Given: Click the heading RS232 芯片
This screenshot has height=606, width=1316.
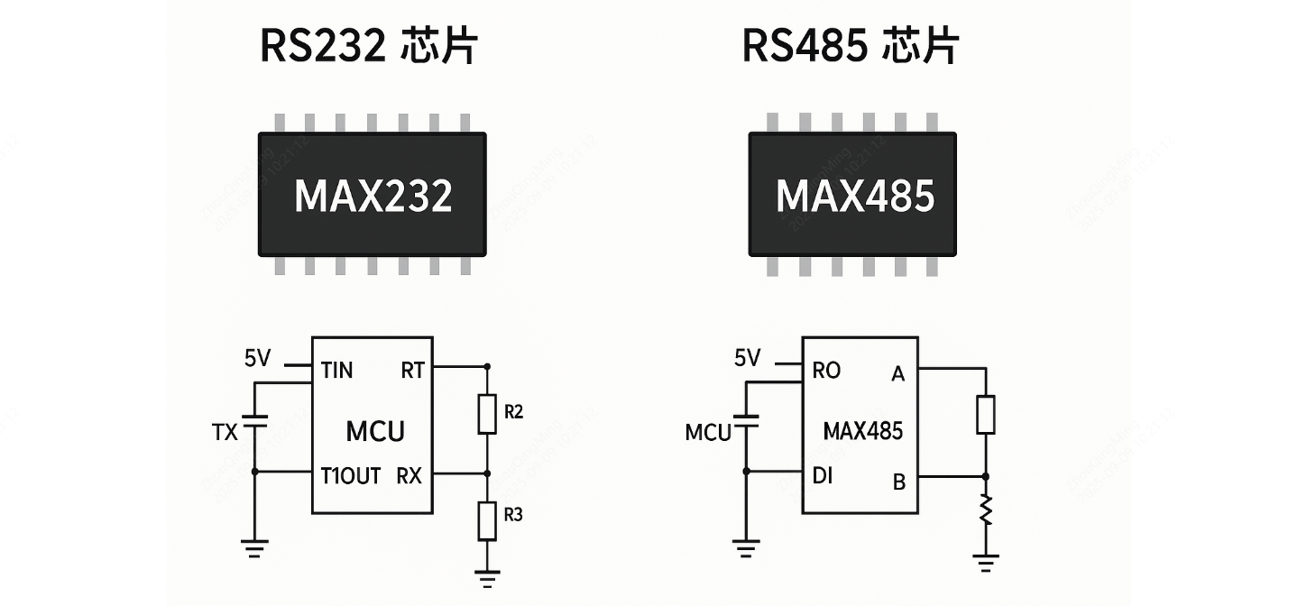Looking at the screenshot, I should [x=368, y=47].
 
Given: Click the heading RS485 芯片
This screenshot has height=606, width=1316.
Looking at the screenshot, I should [x=850, y=47].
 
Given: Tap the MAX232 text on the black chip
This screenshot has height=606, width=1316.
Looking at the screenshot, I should [x=373, y=196].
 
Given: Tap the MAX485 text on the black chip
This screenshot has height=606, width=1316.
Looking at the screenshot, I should [x=854, y=196].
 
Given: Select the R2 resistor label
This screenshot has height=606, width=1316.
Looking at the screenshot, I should [x=514, y=412].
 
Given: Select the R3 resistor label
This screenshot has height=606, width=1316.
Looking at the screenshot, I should [x=514, y=516].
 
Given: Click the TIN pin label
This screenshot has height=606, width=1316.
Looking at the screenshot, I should [x=336, y=371].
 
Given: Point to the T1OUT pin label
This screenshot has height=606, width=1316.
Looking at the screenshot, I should [x=351, y=475].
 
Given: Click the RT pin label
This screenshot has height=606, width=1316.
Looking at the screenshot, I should [x=411, y=371].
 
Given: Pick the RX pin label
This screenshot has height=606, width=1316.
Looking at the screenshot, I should [x=409, y=475].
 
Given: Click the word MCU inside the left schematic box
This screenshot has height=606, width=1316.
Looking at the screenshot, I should [x=374, y=431].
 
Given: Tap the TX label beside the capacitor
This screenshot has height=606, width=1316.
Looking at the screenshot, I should [x=225, y=433].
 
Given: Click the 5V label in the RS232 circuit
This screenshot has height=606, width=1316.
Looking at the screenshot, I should [x=257, y=359].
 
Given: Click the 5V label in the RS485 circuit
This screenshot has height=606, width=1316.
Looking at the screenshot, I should [x=747, y=359].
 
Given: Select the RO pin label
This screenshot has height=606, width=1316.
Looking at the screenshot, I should [x=826, y=371].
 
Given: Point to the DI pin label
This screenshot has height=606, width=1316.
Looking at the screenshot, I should [x=823, y=475].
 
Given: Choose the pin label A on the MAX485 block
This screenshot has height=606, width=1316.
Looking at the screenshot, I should [x=897, y=373].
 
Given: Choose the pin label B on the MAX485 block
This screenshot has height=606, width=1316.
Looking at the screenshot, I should [x=898, y=482].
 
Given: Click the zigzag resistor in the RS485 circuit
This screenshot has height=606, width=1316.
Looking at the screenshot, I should [x=986, y=510].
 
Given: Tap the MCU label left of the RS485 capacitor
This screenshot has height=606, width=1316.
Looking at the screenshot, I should [x=708, y=433].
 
